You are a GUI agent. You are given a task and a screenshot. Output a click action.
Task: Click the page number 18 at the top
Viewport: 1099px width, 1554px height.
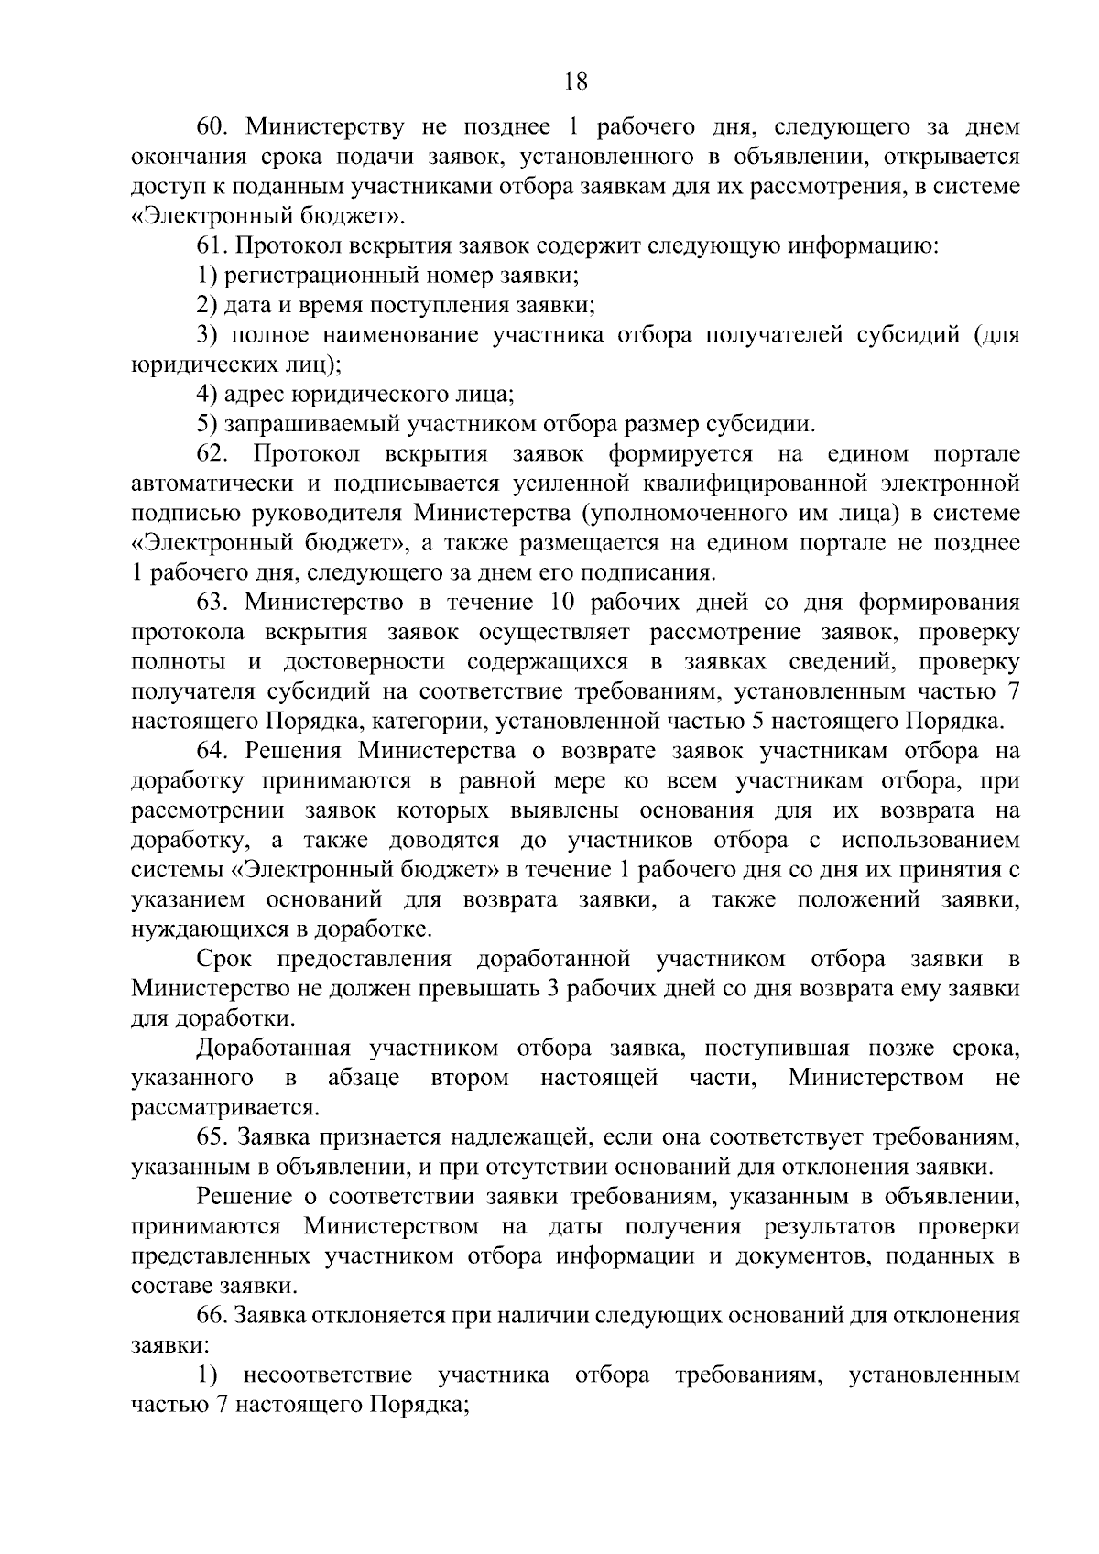click(x=575, y=82)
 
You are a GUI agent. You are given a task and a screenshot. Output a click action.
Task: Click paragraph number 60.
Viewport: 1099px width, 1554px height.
click(x=212, y=126)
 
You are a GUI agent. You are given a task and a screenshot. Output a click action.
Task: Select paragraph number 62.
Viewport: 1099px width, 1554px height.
click(x=212, y=454)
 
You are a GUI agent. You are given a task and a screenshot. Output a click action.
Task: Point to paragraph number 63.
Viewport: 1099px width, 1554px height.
click(x=212, y=603)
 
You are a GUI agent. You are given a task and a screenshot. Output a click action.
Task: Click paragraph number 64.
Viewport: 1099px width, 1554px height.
click(x=212, y=752)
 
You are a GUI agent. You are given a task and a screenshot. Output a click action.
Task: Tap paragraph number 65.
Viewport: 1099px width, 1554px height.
click(x=212, y=1138)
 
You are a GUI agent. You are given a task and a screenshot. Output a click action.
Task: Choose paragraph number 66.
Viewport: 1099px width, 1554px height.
click(x=212, y=1317)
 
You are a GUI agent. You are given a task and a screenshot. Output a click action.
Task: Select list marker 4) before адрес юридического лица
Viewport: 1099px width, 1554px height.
click(x=206, y=395)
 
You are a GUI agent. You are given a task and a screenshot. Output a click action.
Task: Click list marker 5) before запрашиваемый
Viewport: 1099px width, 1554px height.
click(x=206, y=425)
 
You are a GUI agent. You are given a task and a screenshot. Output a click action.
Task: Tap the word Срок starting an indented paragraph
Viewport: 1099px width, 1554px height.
click(x=222, y=960)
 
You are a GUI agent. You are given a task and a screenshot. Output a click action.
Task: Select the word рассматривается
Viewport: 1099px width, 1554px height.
click(x=225, y=1108)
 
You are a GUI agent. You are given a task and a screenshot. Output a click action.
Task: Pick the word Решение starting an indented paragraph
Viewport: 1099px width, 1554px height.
click(x=241, y=1198)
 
